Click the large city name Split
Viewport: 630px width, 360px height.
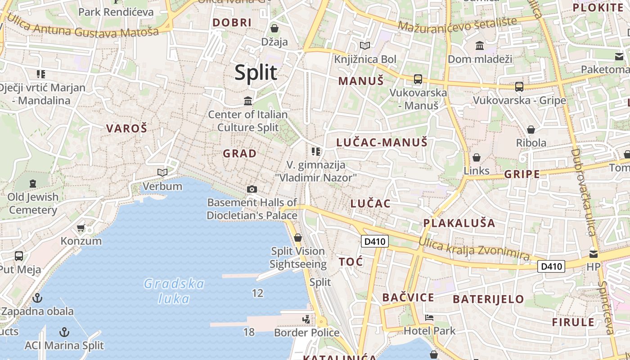(256, 72)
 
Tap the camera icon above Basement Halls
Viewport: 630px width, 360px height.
(252, 189)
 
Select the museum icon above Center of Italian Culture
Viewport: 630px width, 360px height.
(247, 101)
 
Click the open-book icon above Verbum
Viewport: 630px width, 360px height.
(162, 172)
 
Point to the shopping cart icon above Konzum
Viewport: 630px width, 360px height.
(81, 228)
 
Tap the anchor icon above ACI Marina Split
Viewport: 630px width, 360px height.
(65, 332)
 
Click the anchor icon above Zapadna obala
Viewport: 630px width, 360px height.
(38, 298)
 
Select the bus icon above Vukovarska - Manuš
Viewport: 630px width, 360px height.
(418, 79)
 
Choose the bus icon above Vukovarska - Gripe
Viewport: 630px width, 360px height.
(519, 86)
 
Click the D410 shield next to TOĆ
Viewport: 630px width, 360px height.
(375, 242)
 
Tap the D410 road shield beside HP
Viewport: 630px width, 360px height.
(551, 266)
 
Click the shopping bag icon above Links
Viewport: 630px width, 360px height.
(476, 157)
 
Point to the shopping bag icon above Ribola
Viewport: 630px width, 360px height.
(531, 130)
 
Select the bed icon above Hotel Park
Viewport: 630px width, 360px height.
(429, 318)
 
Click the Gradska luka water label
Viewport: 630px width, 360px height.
(174, 291)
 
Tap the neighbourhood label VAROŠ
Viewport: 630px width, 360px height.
(126, 128)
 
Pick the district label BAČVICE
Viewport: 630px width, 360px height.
(408, 297)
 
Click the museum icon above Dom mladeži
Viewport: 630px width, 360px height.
(480, 45)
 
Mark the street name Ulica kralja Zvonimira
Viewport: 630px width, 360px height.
(473, 249)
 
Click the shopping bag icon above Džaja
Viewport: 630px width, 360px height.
(274, 29)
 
